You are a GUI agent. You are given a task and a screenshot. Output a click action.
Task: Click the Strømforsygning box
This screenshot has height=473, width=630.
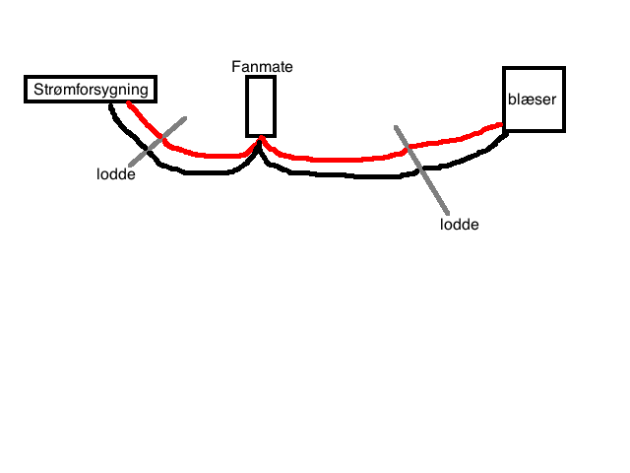(92, 90)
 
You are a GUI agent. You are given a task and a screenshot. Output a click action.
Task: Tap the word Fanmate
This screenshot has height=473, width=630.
(262, 67)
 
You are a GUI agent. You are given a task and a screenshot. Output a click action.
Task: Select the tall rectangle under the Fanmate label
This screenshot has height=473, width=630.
(261, 105)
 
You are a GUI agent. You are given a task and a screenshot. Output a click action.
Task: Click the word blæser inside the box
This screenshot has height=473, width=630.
(533, 99)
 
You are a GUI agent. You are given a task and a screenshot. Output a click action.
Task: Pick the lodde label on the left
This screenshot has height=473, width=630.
(115, 175)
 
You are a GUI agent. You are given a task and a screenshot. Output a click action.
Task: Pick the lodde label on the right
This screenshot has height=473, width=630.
(460, 224)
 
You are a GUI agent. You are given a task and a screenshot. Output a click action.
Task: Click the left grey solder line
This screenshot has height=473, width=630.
(156, 142)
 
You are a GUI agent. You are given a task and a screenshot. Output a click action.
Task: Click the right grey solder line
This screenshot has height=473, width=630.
(421, 169)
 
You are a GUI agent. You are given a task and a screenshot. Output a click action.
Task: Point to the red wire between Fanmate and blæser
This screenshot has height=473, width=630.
(335, 159)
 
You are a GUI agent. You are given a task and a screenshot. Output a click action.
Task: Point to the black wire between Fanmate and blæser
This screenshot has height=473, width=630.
(335, 176)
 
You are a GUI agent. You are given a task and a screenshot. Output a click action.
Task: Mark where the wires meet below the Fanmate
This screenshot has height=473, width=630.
(261, 143)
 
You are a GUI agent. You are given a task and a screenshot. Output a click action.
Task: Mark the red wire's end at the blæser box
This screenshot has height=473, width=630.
(501, 126)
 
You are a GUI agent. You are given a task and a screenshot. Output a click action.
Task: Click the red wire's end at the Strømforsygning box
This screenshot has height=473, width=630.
(130, 103)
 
